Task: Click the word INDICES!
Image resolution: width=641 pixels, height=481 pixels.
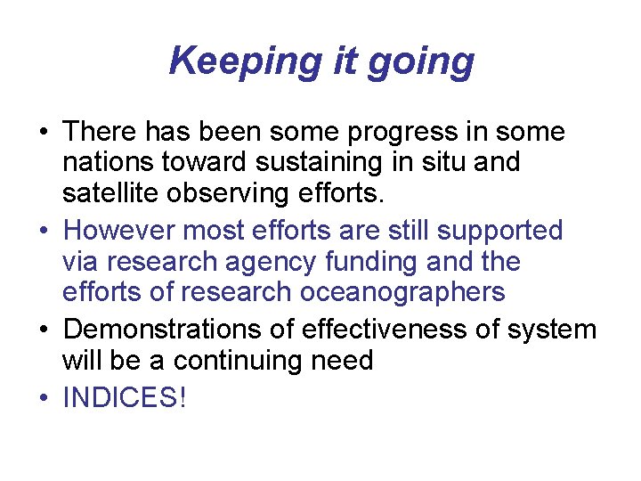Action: point(126,397)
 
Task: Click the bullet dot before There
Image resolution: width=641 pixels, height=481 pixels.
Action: point(43,134)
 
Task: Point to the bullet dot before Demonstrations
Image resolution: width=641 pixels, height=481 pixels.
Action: point(43,330)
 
